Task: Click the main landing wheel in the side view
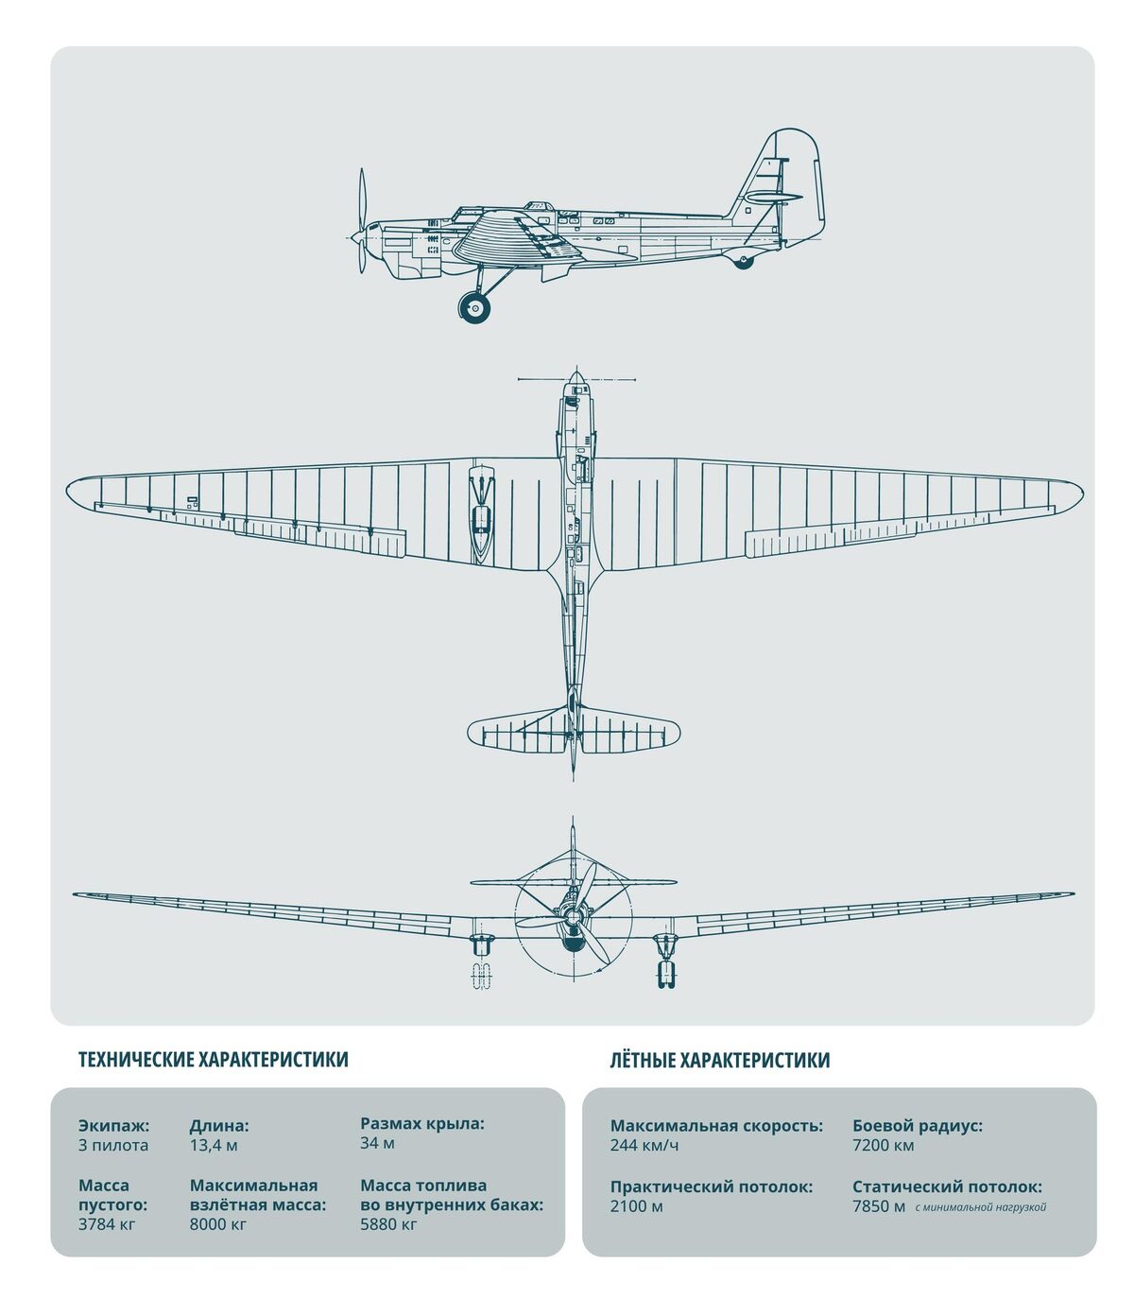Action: (x=474, y=307)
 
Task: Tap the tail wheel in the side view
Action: (x=743, y=262)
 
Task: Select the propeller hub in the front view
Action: (x=573, y=915)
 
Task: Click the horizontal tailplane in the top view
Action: (x=573, y=730)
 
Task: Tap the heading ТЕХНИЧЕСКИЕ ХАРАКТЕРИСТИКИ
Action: (x=214, y=1060)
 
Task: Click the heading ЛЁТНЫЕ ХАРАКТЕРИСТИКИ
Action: (x=719, y=1060)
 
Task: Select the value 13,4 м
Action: (x=214, y=1145)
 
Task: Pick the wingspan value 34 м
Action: (x=377, y=1143)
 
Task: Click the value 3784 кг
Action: (x=107, y=1224)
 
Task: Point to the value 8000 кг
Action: (x=217, y=1224)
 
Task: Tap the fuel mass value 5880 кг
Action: (x=388, y=1224)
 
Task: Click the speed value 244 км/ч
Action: (x=644, y=1145)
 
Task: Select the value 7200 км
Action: (x=884, y=1145)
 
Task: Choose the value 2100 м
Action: (x=637, y=1206)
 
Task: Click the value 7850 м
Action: (x=879, y=1206)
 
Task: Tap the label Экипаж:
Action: (x=114, y=1126)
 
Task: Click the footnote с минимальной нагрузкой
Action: (x=980, y=1207)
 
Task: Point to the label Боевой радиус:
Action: (x=918, y=1126)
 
